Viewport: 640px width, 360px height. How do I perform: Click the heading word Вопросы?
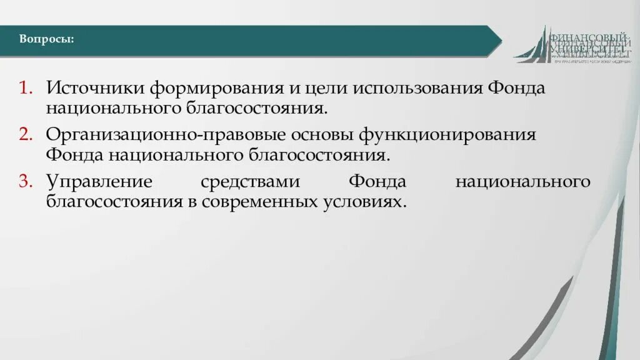46,39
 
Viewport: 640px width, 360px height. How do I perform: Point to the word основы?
314,135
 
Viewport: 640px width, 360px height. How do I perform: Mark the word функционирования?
447,135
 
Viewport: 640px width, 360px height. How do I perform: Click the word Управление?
99,182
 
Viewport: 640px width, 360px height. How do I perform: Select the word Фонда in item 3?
377,182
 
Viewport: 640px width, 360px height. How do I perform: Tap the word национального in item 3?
522,182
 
